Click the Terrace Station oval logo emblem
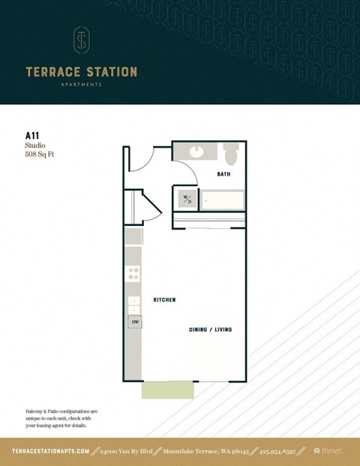tap(81, 41)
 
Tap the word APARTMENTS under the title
tap(81, 85)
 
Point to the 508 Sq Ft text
tap(40, 155)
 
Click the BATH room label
tap(223, 174)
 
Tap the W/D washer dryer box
tap(187, 199)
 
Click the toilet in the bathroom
tap(231, 154)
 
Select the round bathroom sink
tap(197, 151)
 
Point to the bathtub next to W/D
tap(223, 200)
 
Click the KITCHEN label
tap(164, 299)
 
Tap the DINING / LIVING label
tap(211, 329)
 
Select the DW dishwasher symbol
tap(135, 322)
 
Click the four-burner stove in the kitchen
tap(133, 274)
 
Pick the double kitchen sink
tap(133, 304)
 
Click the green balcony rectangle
tap(168, 389)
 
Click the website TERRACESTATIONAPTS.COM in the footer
tap(51, 451)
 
